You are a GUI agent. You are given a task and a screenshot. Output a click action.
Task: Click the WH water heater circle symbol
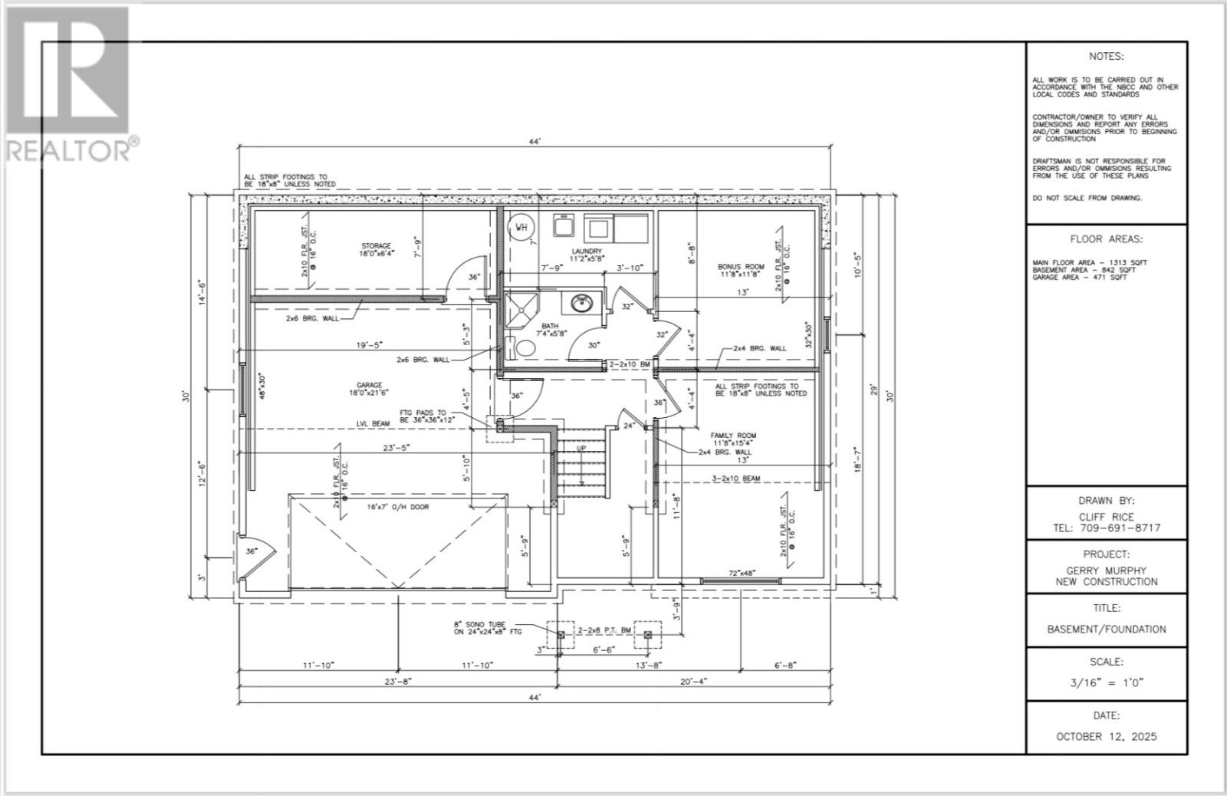click(x=521, y=227)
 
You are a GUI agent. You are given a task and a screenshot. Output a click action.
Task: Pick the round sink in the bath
click(x=582, y=304)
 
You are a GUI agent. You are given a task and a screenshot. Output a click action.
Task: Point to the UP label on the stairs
click(x=581, y=449)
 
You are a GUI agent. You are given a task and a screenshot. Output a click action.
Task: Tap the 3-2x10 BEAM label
click(x=735, y=478)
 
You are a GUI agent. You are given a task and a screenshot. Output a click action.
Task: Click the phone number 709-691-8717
click(x=1107, y=528)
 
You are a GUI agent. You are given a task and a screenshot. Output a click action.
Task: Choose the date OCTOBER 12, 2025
click(x=1106, y=736)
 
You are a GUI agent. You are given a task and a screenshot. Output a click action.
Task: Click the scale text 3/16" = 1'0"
click(x=1106, y=683)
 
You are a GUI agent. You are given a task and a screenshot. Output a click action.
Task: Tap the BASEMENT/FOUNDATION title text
click(x=1106, y=629)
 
